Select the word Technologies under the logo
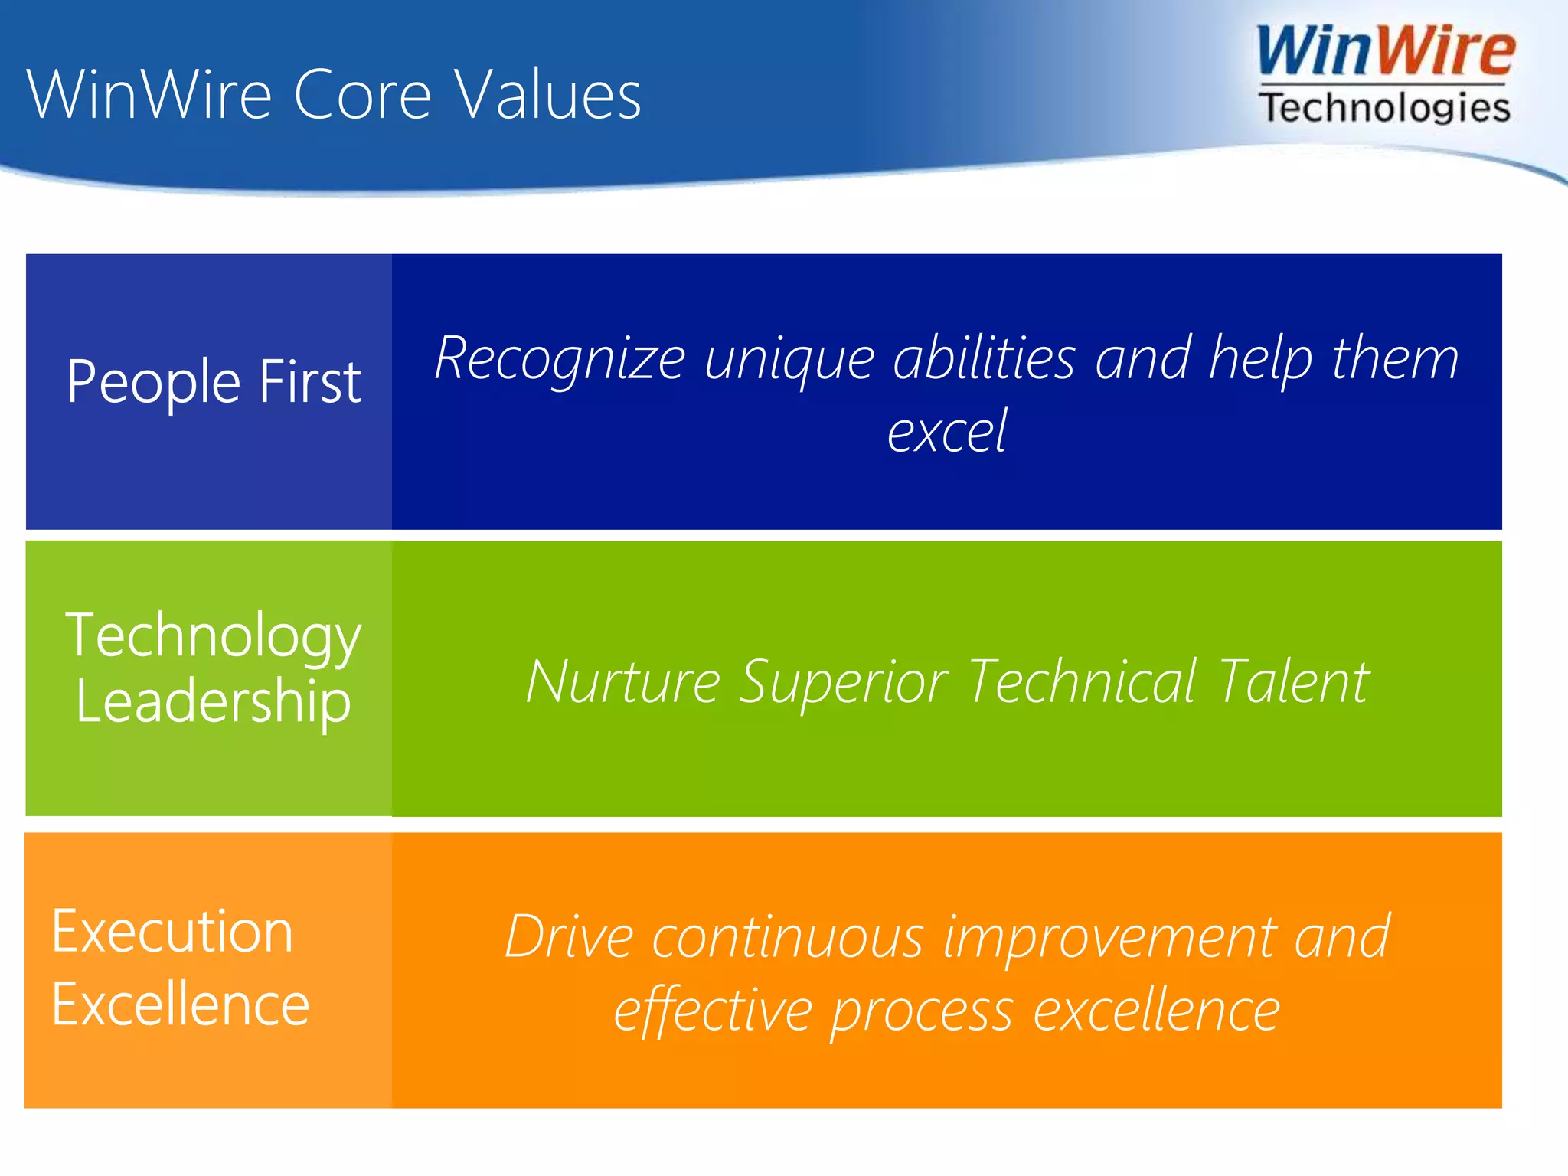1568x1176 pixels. tap(1384, 108)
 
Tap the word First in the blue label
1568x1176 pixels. tap(309, 381)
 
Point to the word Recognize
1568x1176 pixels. tap(560, 358)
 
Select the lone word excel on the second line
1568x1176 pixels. tap(946, 431)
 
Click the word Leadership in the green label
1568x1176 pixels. tap(213, 702)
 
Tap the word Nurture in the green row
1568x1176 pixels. tap(622, 681)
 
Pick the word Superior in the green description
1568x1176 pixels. tap(843, 681)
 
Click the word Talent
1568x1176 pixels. tap(1293, 681)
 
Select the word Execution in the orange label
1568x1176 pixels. tap(172, 932)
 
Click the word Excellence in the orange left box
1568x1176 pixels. tap(181, 1004)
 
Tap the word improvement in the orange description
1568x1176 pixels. tap(1109, 937)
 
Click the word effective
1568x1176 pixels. tap(712, 1011)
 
